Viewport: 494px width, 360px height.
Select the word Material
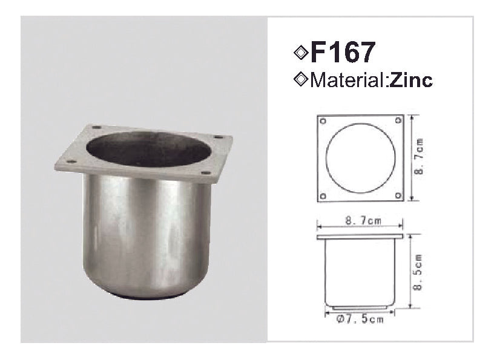point(346,80)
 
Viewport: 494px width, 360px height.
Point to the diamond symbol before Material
point(300,79)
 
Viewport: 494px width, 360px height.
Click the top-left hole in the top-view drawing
point(323,120)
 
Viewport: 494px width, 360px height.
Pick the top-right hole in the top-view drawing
point(398,120)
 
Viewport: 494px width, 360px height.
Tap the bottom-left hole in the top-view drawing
point(323,195)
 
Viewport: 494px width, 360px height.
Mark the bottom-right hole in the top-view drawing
point(398,195)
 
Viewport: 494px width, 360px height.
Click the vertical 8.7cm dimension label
point(420,157)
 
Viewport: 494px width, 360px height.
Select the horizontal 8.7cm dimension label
point(363,221)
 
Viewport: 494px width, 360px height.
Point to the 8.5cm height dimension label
point(420,272)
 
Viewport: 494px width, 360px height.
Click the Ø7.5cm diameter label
point(360,319)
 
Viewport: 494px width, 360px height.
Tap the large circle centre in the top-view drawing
point(361,158)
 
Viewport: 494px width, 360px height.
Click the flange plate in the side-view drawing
point(360,236)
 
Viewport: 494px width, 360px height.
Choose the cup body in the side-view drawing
point(360,272)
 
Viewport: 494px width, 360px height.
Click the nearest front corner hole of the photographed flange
point(71,162)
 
